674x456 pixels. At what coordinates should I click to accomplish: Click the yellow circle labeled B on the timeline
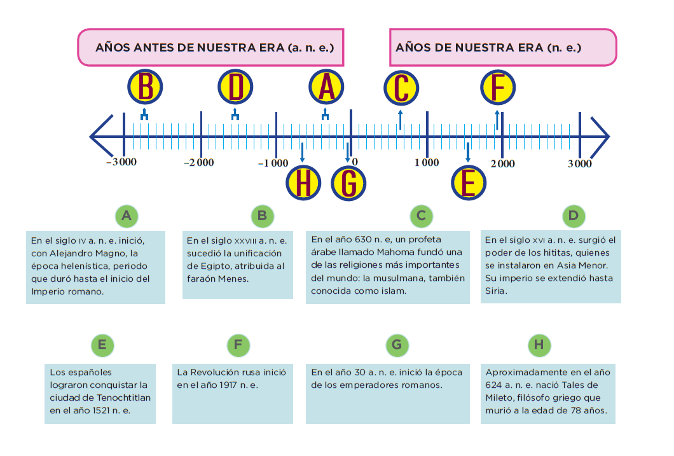pyautogui.click(x=145, y=87)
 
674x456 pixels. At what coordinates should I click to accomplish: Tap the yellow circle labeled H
pyautogui.click(x=303, y=183)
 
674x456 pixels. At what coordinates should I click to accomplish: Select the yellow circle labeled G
pyautogui.click(x=348, y=184)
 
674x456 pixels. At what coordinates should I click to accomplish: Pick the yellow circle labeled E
pyautogui.click(x=469, y=183)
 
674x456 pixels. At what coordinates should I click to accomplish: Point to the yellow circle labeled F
pyautogui.click(x=498, y=88)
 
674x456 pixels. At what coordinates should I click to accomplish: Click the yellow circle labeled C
pyautogui.click(x=401, y=88)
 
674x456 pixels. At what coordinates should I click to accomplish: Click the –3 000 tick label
pyautogui.click(x=121, y=162)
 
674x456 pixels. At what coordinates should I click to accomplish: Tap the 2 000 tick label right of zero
pyautogui.click(x=502, y=163)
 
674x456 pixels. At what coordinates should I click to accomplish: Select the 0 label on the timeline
pyautogui.click(x=355, y=162)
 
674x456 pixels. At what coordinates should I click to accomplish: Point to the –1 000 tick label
pyautogui.click(x=273, y=163)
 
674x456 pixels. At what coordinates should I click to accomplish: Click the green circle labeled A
pyautogui.click(x=127, y=216)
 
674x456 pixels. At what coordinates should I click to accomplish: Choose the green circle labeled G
pyautogui.click(x=397, y=345)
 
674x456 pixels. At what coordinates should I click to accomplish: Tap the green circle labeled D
pyautogui.click(x=574, y=216)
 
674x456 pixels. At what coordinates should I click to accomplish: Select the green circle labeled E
pyautogui.click(x=102, y=345)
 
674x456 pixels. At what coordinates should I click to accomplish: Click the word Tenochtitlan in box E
pyautogui.click(x=125, y=397)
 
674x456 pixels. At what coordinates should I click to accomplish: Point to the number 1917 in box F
pyautogui.click(x=228, y=385)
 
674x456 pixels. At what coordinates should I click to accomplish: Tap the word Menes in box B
pyautogui.click(x=234, y=279)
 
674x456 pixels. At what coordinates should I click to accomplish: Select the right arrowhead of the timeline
pyautogui.click(x=600, y=137)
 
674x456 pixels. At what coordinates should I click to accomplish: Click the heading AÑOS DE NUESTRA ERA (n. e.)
pyautogui.click(x=488, y=47)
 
